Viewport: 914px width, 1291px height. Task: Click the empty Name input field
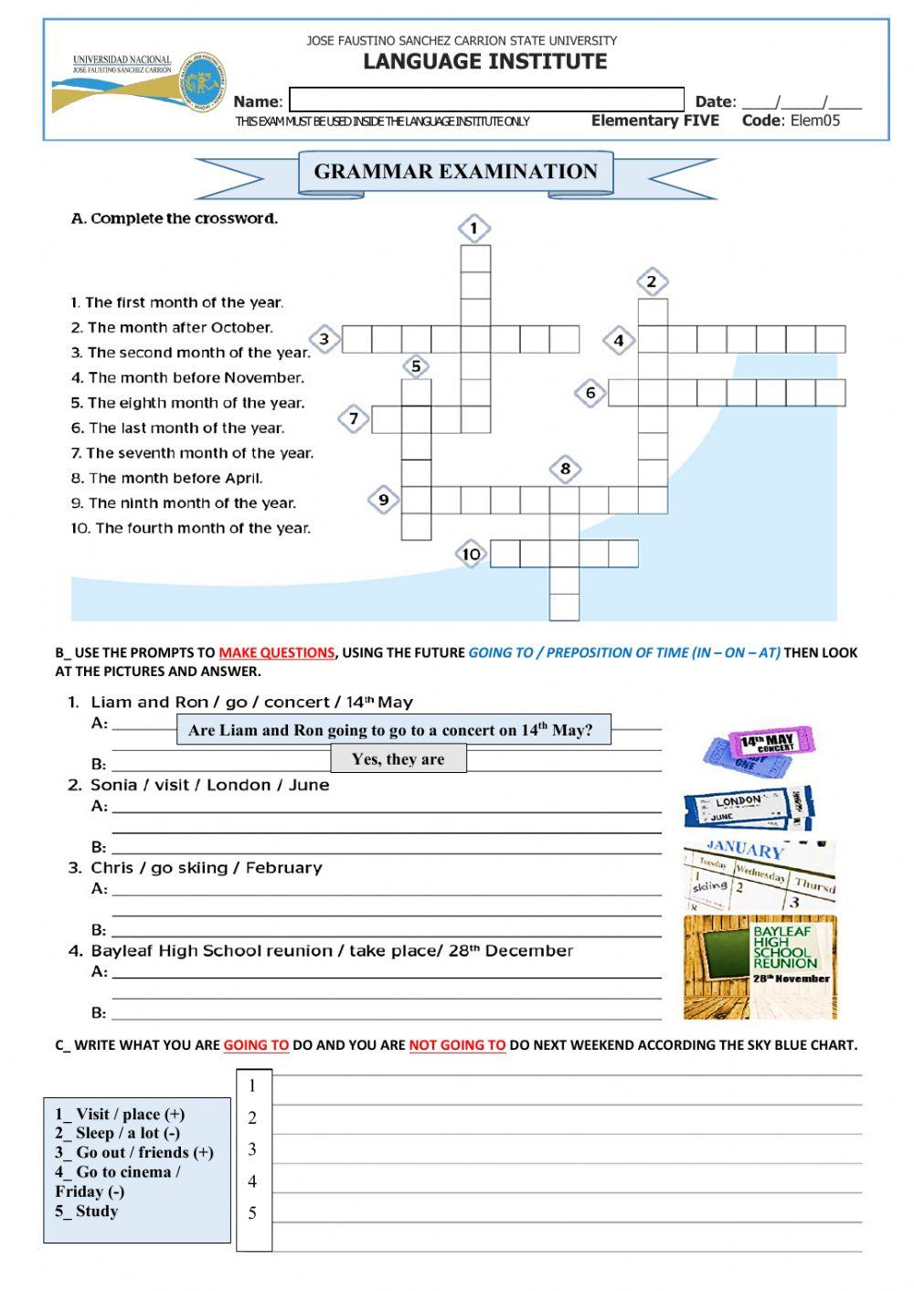point(486,100)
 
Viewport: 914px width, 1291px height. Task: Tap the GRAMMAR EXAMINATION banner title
point(455,172)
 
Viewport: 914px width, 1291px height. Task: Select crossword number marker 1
point(474,228)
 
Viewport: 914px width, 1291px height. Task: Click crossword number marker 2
point(651,281)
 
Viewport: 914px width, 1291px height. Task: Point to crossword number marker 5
point(416,366)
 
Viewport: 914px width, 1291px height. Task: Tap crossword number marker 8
point(565,470)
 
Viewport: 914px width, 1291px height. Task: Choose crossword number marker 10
point(471,554)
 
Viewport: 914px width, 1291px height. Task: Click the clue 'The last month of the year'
point(177,428)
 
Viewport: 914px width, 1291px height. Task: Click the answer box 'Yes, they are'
point(398,759)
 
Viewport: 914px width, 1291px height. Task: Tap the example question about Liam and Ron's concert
point(393,730)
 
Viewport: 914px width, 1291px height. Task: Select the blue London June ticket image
point(748,807)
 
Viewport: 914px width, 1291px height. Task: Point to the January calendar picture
point(759,876)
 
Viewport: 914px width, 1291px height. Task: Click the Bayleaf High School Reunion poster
point(760,967)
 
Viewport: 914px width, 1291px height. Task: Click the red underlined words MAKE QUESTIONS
point(276,652)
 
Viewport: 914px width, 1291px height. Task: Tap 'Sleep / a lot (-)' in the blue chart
point(117,1133)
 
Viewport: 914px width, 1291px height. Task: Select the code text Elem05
point(815,121)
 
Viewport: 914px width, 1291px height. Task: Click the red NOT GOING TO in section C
point(457,1045)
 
